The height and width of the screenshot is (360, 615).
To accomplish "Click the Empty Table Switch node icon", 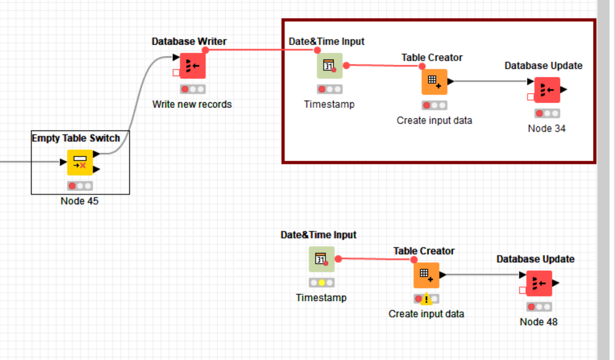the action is tap(80, 162).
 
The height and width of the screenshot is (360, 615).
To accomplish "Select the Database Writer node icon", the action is tap(193, 66).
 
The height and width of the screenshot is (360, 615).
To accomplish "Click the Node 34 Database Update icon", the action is tap(547, 90).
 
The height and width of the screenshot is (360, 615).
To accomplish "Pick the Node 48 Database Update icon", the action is tap(539, 283).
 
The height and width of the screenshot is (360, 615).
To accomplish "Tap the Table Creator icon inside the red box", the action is tap(435, 82).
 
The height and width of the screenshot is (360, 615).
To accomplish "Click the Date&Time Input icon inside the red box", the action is tap(330, 66).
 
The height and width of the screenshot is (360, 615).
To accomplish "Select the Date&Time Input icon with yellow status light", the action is tap(322, 259).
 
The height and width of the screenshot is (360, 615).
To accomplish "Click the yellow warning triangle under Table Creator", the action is tap(426, 300).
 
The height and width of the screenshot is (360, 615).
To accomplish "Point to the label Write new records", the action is tap(192, 104).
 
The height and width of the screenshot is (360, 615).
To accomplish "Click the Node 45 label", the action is tap(79, 201).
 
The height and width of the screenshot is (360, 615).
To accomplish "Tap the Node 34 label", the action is tap(547, 128).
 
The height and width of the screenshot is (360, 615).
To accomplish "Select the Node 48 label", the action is tap(539, 322).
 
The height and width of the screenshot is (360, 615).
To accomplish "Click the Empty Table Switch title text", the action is tap(76, 138).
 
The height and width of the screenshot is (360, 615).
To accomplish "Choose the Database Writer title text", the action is tap(189, 41).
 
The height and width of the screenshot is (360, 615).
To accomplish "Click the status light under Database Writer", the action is tap(193, 89).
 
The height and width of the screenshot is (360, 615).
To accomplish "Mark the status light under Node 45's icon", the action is tap(80, 186).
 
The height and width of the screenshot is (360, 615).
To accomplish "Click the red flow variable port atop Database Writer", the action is tap(205, 50).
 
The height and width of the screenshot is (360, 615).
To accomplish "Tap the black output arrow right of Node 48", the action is tap(556, 283).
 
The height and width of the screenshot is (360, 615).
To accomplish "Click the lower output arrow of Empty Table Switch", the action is tap(97, 169).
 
